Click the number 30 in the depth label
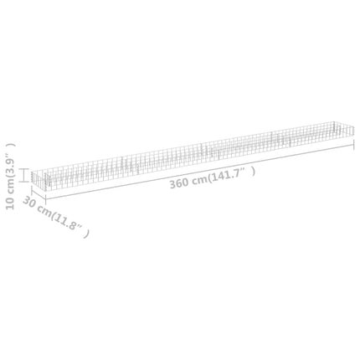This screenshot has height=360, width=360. pyautogui.click(x=28, y=202)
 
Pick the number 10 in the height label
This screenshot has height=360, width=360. pyautogui.click(x=10, y=203)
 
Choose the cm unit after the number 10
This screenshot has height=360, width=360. pyautogui.click(x=10, y=187)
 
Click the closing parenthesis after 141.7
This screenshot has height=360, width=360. pyautogui.click(x=253, y=172)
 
